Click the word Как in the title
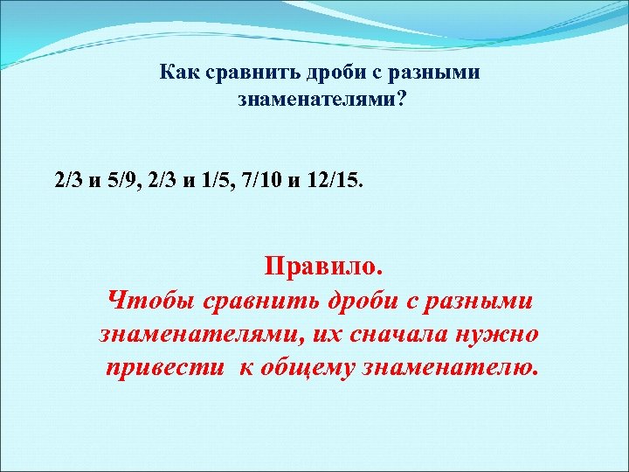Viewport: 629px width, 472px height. [176, 73]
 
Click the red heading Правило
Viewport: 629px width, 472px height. [322, 266]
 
